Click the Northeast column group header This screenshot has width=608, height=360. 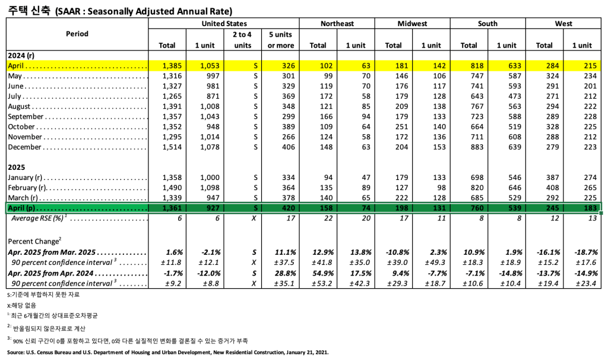[337, 24]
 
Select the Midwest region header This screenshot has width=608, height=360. [412, 24]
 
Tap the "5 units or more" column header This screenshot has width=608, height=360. [281, 40]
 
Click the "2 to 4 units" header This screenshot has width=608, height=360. [242, 40]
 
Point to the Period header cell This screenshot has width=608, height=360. [77, 34]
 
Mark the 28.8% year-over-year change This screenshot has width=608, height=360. [281, 273]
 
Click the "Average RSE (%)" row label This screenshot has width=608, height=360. [37, 219]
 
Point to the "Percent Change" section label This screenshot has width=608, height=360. [35, 241]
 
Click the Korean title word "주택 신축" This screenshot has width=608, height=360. [28, 10]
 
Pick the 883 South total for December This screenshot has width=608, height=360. [469, 147]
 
